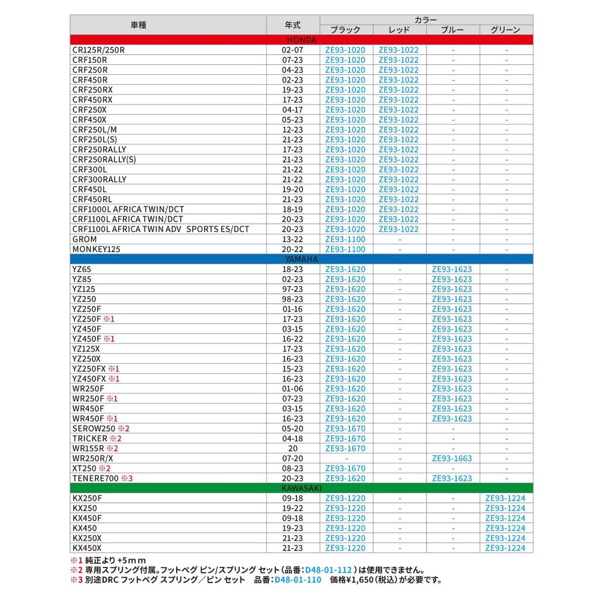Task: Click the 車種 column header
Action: (x=139, y=25)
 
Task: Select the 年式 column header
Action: (x=292, y=25)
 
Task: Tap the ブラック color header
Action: (x=345, y=30)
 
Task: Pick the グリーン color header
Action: (x=506, y=30)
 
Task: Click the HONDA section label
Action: (x=302, y=40)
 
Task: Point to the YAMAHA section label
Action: (x=302, y=259)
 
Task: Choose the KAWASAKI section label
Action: (x=302, y=488)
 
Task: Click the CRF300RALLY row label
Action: (x=99, y=180)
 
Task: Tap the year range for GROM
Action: (x=292, y=239)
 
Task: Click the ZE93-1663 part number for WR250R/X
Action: (x=452, y=459)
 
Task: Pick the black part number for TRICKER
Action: (x=345, y=439)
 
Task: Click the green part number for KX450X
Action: (x=505, y=548)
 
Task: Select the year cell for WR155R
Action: (x=292, y=449)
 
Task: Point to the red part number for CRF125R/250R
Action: (x=398, y=50)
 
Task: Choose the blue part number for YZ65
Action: (x=452, y=269)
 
